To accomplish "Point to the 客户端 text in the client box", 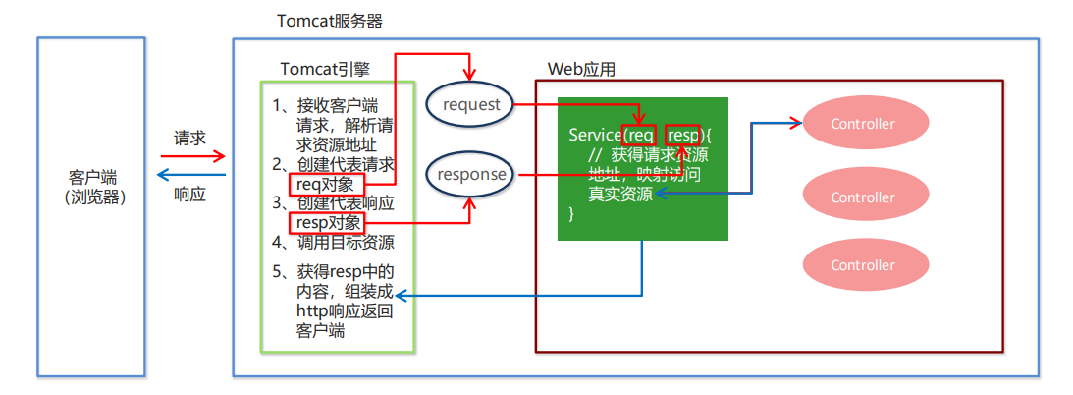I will [92, 177].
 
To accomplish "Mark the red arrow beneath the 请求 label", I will [192, 156].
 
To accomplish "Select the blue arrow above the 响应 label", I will [192, 176].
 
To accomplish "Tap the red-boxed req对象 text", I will [330, 184].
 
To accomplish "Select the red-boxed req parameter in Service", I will [640, 135].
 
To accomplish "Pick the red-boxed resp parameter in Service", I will [683, 135].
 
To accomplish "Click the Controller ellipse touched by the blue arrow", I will [863, 124].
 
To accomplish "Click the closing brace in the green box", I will [572, 214].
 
